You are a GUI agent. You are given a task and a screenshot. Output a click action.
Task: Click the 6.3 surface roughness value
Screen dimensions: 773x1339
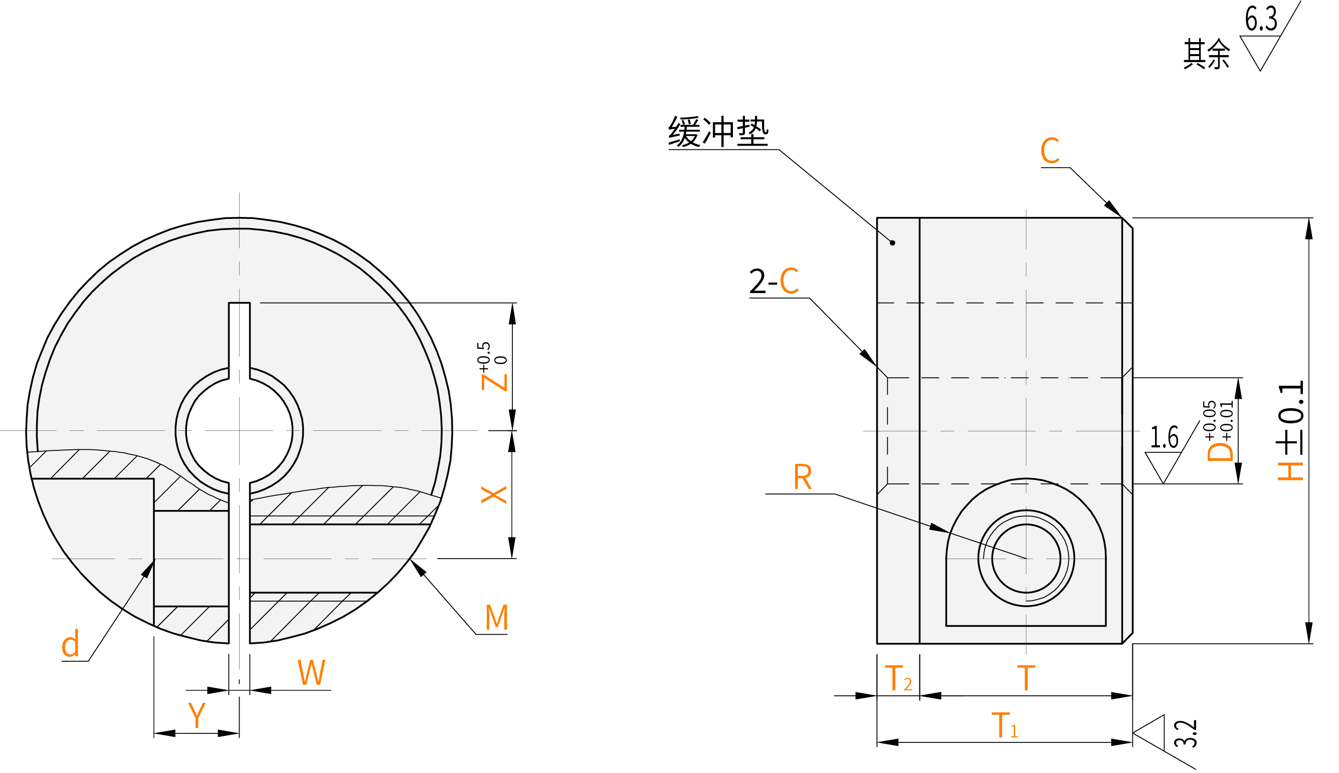pos(1261,19)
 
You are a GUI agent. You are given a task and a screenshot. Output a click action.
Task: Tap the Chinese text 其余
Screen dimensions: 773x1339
pos(1206,54)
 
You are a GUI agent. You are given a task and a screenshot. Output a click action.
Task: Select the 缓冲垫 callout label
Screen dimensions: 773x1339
pos(718,132)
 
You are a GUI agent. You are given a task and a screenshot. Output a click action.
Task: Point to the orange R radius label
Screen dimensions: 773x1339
pos(803,477)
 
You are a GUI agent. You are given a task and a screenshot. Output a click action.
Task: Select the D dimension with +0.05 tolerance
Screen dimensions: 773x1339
pos(1220,431)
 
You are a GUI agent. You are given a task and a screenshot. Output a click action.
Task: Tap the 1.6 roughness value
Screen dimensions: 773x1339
pos(1164,437)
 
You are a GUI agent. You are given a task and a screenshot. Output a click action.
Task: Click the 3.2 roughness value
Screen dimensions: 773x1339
pos(1186,734)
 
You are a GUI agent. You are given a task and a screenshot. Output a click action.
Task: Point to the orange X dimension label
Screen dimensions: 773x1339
pos(493,495)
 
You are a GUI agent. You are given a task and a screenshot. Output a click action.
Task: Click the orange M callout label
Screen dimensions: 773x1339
pos(497,617)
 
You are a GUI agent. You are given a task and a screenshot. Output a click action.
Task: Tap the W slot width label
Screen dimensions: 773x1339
pos(311,673)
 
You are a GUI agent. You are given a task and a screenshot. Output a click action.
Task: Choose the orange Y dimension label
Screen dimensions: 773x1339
pos(197,715)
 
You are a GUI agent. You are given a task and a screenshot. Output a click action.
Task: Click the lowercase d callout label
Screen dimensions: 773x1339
pos(70,645)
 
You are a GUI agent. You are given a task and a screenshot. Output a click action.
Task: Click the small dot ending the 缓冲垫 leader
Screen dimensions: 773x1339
pos(892,243)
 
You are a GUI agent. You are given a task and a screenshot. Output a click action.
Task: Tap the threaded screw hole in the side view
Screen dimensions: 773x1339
pos(1026,559)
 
